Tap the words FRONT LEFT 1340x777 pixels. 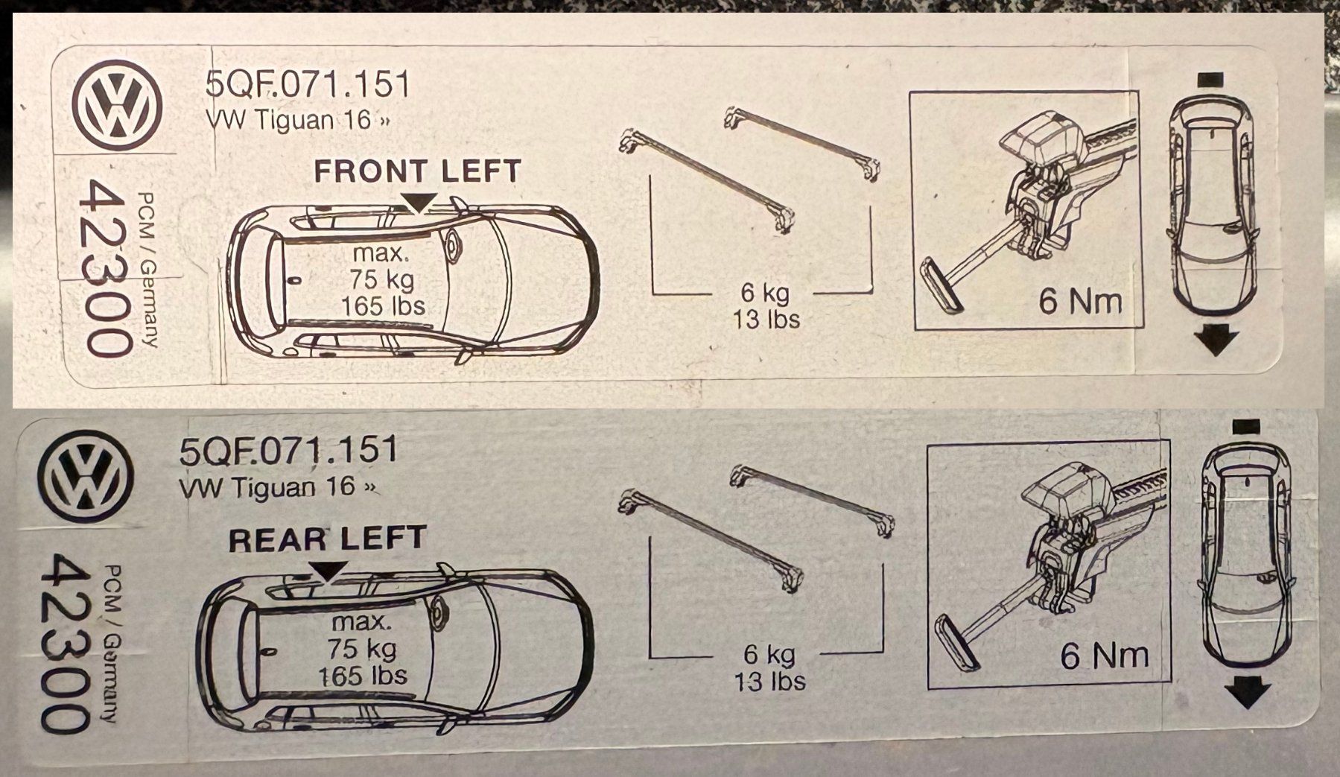(x=417, y=171)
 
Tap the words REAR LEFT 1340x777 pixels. (x=328, y=539)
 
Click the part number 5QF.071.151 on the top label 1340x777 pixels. (x=308, y=86)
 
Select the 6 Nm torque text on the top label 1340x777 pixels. (x=1080, y=302)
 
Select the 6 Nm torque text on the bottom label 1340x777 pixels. (x=1104, y=656)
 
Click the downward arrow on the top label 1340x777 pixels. (x=1215, y=341)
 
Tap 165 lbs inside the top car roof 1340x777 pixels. (x=383, y=305)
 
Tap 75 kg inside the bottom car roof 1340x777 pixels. (x=362, y=649)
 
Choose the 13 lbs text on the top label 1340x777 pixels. (x=766, y=319)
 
